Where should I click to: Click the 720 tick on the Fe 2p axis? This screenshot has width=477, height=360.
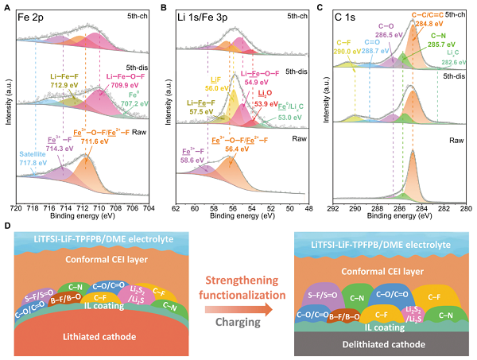coord(20,210)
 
